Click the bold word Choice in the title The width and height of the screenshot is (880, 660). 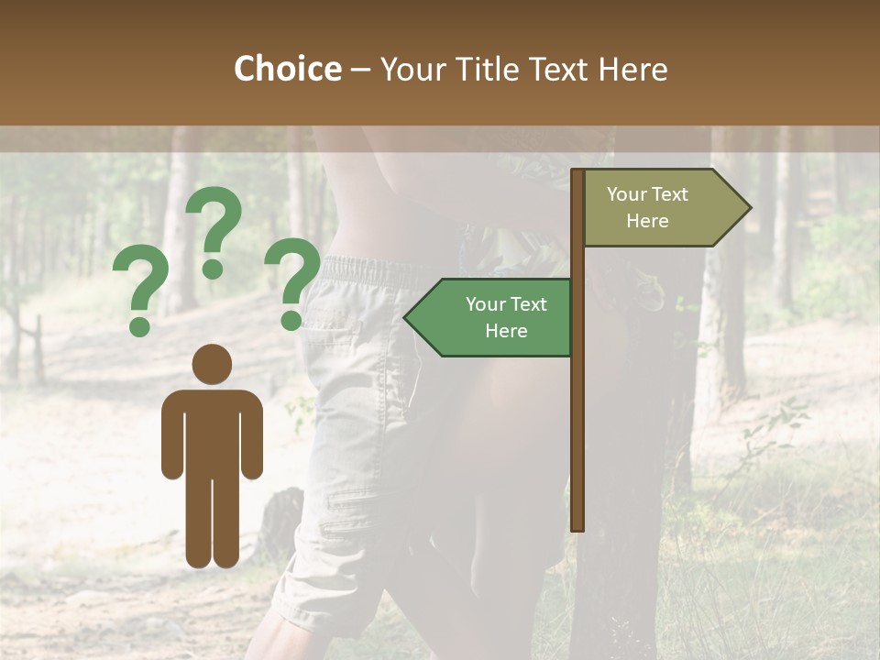coord(287,69)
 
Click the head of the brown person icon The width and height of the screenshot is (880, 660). coord(213,364)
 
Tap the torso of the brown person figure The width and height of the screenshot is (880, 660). coord(213,431)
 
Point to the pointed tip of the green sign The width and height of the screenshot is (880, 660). coord(406,318)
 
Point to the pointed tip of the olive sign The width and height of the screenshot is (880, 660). coord(749,208)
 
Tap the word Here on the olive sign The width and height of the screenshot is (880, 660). coord(647,221)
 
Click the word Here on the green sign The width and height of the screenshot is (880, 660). coord(506,331)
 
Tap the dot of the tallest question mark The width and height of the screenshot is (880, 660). coord(213,269)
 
